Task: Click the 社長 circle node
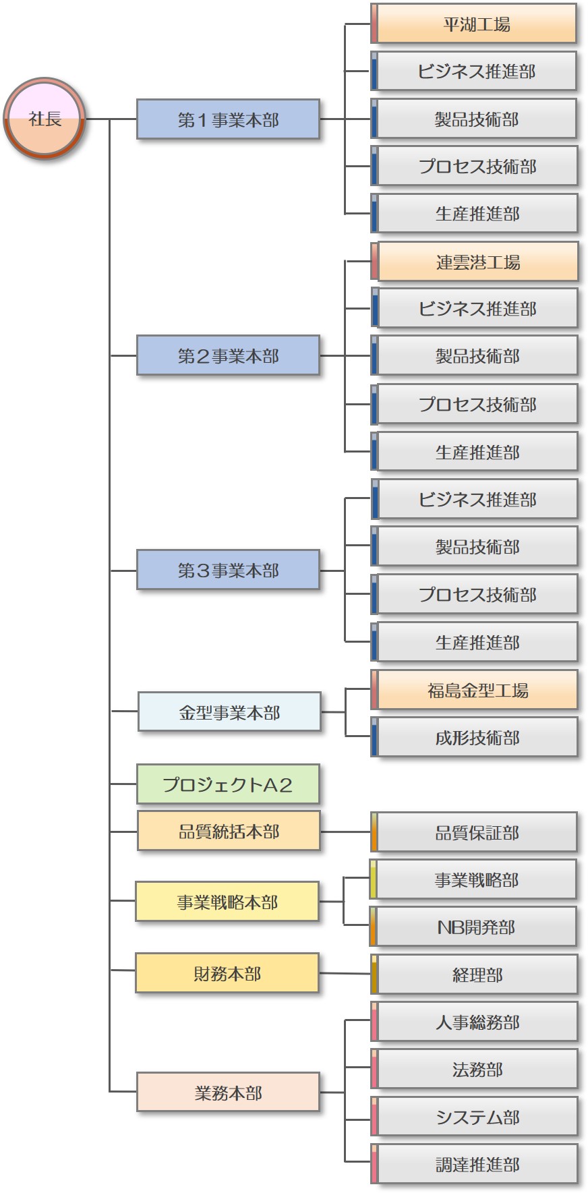(x=45, y=119)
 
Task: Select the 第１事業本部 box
(x=228, y=119)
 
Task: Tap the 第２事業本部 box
(x=228, y=355)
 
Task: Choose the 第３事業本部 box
(x=228, y=570)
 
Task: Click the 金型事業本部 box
(x=229, y=711)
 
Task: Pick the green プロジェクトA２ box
(x=228, y=784)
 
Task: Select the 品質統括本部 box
(x=229, y=831)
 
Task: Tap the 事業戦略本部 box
(x=227, y=901)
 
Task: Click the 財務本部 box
(x=227, y=972)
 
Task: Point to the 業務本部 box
(x=228, y=1092)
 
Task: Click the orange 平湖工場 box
(x=477, y=24)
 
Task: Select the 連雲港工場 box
(x=477, y=262)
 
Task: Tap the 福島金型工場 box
(x=477, y=690)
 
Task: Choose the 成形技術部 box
(x=477, y=737)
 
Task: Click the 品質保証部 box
(x=477, y=832)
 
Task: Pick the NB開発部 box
(x=476, y=927)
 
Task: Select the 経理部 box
(x=477, y=974)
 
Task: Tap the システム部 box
(x=477, y=1117)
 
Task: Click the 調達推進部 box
(x=477, y=1164)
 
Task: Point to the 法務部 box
(x=477, y=1069)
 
